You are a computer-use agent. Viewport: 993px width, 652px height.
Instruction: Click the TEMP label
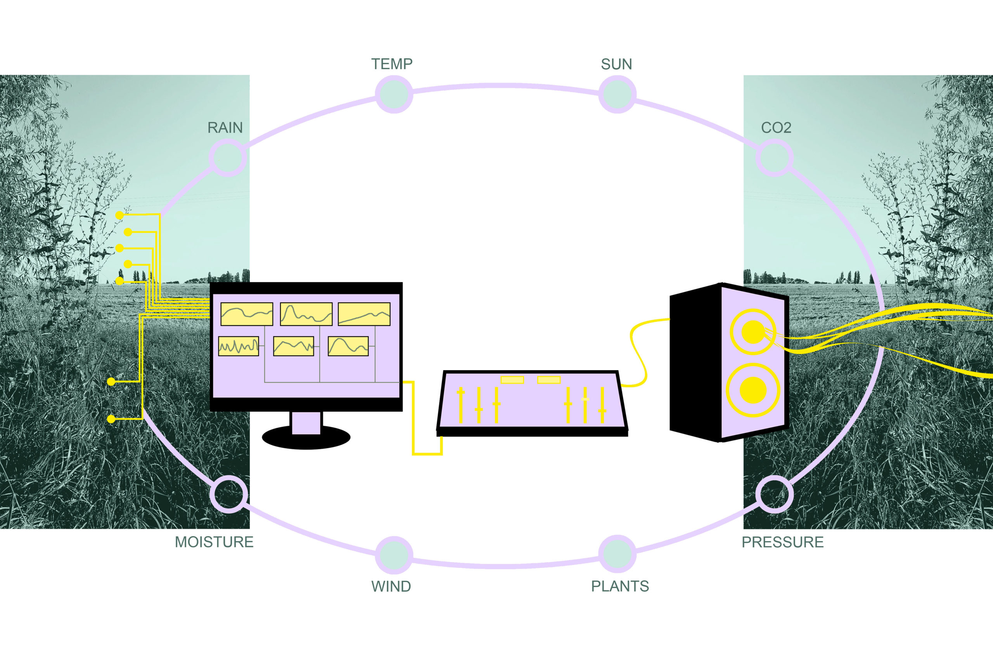(x=392, y=64)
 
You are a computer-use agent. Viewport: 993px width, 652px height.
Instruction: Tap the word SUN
(x=616, y=64)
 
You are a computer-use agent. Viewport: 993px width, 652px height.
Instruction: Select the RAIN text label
(x=225, y=128)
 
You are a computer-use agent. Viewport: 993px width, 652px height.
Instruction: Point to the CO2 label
(x=776, y=128)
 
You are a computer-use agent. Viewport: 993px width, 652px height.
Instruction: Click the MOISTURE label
(x=214, y=542)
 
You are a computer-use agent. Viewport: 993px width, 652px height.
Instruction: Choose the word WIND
(x=391, y=586)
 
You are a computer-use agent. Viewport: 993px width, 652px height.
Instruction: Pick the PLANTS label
(x=620, y=586)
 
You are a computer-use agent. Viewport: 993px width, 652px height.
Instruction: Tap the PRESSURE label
(x=783, y=542)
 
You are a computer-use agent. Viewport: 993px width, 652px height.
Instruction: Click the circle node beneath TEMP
(x=394, y=94)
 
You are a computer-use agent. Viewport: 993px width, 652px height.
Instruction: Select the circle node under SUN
(x=618, y=94)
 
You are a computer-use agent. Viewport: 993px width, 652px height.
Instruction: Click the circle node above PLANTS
(x=618, y=554)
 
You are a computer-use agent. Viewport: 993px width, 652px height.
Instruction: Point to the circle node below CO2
(x=774, y=158)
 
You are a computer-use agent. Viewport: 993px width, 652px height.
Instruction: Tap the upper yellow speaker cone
(x=753, y=332)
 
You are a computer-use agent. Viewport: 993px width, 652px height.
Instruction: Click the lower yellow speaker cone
(x=753, y=390)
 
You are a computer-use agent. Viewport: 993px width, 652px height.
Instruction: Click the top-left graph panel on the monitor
(x=247, y=314)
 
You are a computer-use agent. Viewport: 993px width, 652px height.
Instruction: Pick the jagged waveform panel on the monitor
(x=238, y=346)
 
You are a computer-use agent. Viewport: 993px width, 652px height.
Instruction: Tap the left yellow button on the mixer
(x=512, y=380)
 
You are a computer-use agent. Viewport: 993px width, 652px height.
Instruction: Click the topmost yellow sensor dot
(x=120, y=215)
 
